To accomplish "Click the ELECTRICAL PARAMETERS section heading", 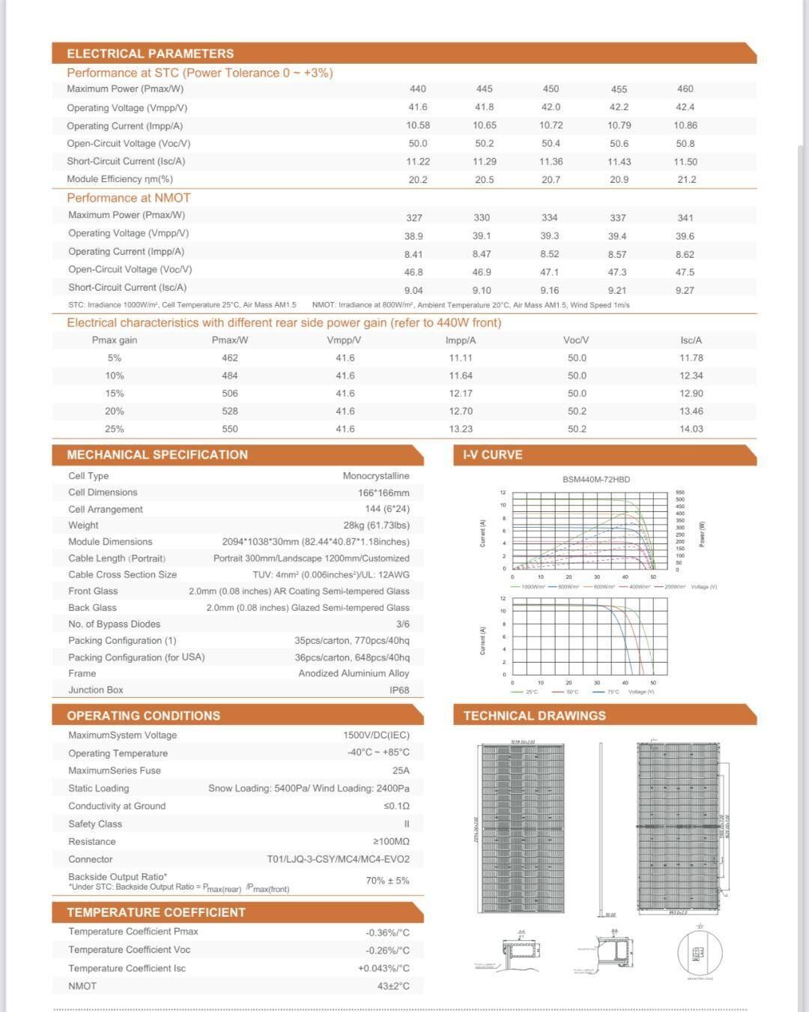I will point(150,54).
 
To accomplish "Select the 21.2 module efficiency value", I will point(686,180).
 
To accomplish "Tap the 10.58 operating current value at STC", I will point(418,125).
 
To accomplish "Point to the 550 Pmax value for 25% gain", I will point(230,430).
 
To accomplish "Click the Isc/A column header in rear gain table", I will point(691,340).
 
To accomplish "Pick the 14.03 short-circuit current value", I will point(691,430).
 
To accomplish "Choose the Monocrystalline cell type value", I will point(376,476).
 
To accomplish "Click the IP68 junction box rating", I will point(399,690).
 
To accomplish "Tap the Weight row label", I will point(83,525).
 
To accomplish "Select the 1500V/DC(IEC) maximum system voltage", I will point(376,735).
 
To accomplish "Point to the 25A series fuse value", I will point(401,771).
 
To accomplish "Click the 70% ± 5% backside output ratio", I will point(387,881).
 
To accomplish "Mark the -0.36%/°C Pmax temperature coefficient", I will point(387,933).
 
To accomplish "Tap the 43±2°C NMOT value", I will point(393,987).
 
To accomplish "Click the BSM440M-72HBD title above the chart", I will point(596,480).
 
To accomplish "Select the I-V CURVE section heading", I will point(493,455).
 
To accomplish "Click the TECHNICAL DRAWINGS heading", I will point(534,716).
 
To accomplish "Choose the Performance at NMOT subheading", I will point(129,198).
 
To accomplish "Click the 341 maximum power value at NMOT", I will point(685,218).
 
